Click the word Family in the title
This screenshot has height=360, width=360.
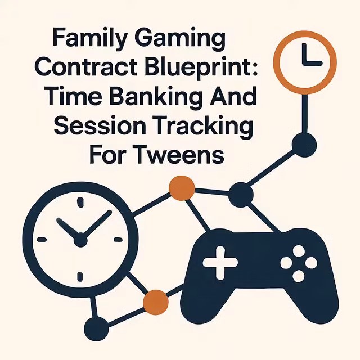[85, 41]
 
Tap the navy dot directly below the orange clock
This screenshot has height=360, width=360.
[304, 143]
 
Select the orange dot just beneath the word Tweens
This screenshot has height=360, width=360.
[182, 188]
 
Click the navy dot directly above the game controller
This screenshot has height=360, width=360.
[241, 195]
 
